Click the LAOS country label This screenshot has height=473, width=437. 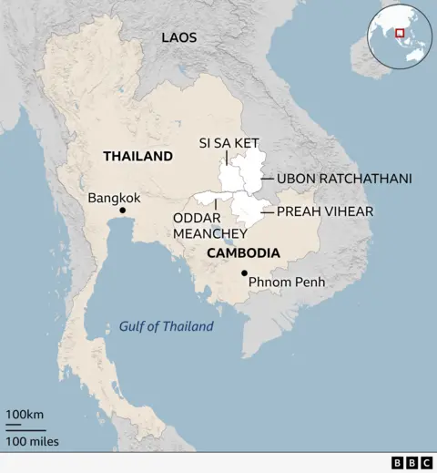(178, 37)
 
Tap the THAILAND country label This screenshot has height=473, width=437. (137, 156)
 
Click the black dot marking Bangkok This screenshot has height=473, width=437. (123, 211)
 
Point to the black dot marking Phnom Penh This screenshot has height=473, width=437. (244, 273)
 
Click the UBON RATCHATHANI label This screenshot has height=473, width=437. (344, 179)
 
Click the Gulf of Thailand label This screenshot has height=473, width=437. (166, 326)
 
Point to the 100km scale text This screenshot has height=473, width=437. (25, 415)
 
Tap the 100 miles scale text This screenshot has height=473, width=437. (33, 442)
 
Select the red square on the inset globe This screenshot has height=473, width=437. (400, 34)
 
